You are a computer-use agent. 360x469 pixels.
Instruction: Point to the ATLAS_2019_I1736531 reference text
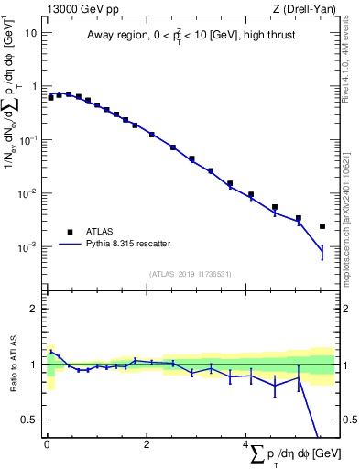pos(191,274)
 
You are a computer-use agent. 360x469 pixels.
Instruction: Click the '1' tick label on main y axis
pos(34,86)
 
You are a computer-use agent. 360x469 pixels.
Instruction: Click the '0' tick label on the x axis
pos(47,444)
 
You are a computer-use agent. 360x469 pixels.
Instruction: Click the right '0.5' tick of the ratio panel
pos(348,420)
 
